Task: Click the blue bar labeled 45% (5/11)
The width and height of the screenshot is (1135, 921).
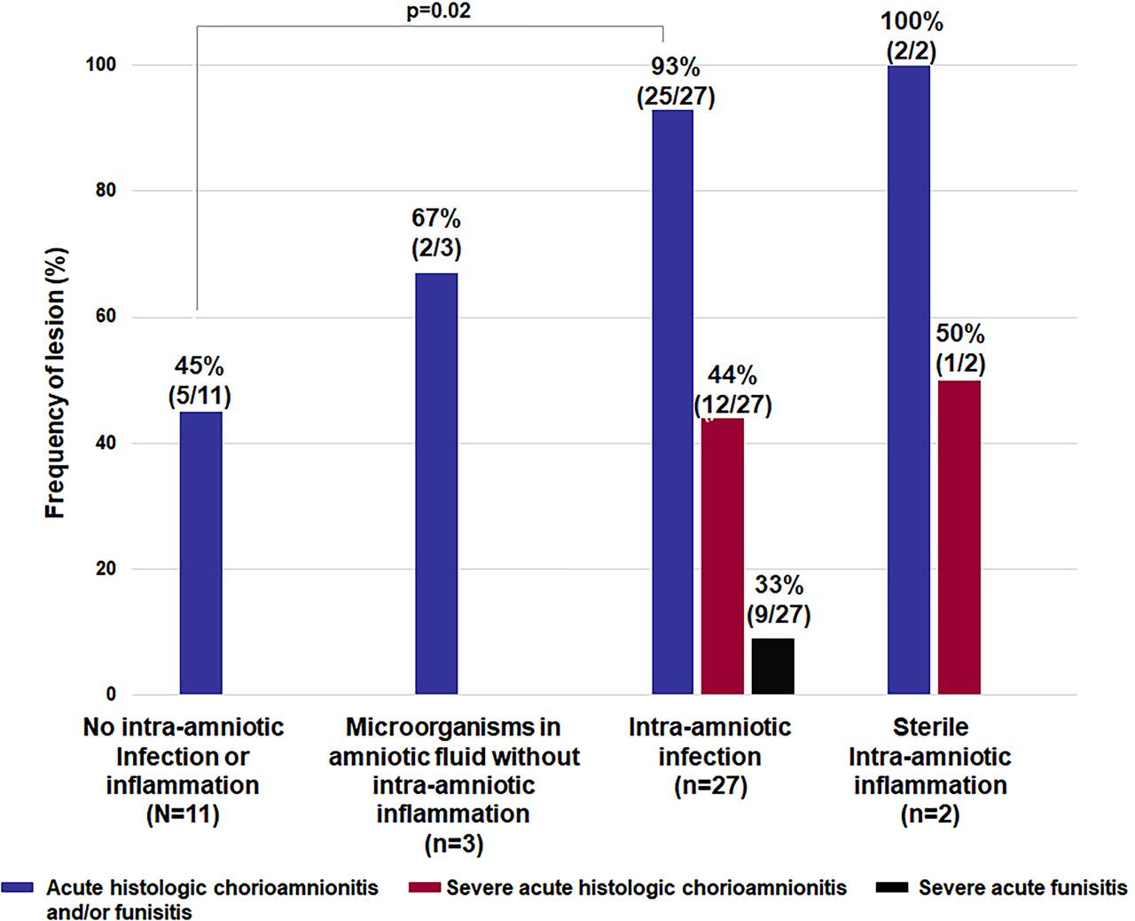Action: point(200,552)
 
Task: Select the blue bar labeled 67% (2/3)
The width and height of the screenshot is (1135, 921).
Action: point(436,484)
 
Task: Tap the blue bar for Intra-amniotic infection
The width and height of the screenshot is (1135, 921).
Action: point(672,401)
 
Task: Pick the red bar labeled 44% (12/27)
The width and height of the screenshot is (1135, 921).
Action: point(722,555)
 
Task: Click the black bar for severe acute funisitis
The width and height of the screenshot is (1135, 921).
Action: point(772,665)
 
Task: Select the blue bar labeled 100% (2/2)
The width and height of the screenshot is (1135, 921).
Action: point(908,380)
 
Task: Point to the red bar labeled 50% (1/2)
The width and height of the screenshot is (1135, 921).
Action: point(959,537)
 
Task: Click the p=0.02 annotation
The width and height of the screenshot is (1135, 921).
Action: point(438,12)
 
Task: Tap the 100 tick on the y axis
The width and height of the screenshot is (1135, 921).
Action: point(100,65)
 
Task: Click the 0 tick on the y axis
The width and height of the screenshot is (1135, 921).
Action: point(111,695)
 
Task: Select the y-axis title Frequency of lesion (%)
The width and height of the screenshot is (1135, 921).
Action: point(55,382)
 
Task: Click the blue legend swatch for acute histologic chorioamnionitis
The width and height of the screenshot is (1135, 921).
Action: point(18,887)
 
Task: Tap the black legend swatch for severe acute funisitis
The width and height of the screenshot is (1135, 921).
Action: point(891,887)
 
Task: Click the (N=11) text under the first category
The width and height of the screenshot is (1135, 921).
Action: point(183,814)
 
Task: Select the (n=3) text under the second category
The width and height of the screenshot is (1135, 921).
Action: point(453,843)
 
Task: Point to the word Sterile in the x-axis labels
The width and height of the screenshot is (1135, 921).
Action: point(930,728)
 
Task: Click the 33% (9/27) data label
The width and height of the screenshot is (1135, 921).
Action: point(779,600)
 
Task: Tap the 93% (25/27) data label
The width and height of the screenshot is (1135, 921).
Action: point(676,82)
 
